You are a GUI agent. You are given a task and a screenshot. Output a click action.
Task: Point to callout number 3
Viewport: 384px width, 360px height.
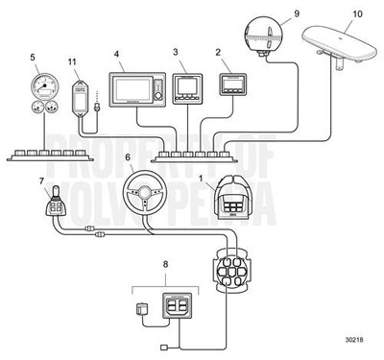click(x=175, y=50)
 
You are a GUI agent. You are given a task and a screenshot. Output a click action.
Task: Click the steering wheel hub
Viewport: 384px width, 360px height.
click(x=145, y=197)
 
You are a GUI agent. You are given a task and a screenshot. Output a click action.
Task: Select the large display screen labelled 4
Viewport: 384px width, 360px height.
click(x=137, y=91)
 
